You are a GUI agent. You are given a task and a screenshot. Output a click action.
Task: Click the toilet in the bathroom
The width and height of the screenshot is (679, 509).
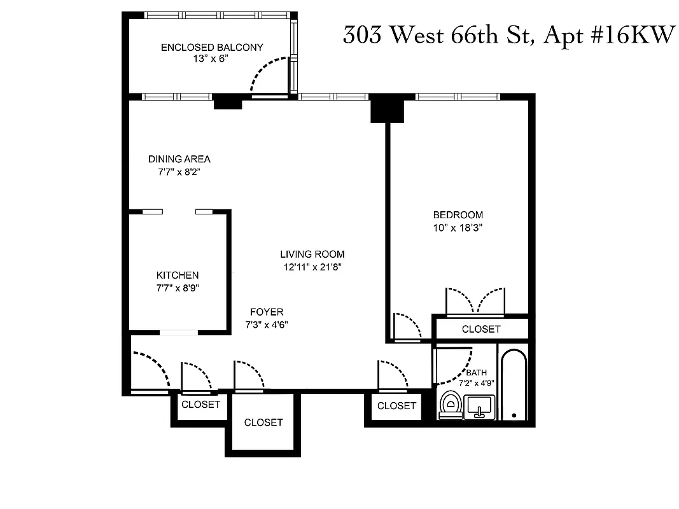coord(451,405)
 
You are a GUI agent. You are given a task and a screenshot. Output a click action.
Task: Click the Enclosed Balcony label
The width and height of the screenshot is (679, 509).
coord(212,47)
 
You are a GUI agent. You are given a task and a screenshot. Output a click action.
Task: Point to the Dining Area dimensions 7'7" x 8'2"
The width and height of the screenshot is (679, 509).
coord(179,171)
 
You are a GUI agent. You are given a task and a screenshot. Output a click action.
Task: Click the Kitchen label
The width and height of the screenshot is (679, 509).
coord(178,275)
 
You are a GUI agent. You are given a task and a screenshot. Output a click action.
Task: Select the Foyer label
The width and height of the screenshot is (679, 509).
coord(267,312)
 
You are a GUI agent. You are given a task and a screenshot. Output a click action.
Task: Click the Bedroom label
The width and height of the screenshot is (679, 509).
coord(458,214)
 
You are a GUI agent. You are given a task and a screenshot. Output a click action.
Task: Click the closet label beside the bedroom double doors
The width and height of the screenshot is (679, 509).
coord(481,329)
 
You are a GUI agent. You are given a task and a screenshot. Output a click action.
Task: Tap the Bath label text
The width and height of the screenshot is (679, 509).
coord(476,373)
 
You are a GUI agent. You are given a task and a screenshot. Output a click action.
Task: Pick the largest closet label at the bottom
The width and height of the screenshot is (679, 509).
coord(263,422)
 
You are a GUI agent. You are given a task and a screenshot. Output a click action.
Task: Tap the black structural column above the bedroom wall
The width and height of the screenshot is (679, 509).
coord(388,108)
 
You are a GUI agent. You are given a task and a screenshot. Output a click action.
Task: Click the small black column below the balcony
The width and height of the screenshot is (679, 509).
coord(227,101)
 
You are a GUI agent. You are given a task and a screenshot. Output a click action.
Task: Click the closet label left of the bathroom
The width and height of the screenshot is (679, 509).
coord(396,405)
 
